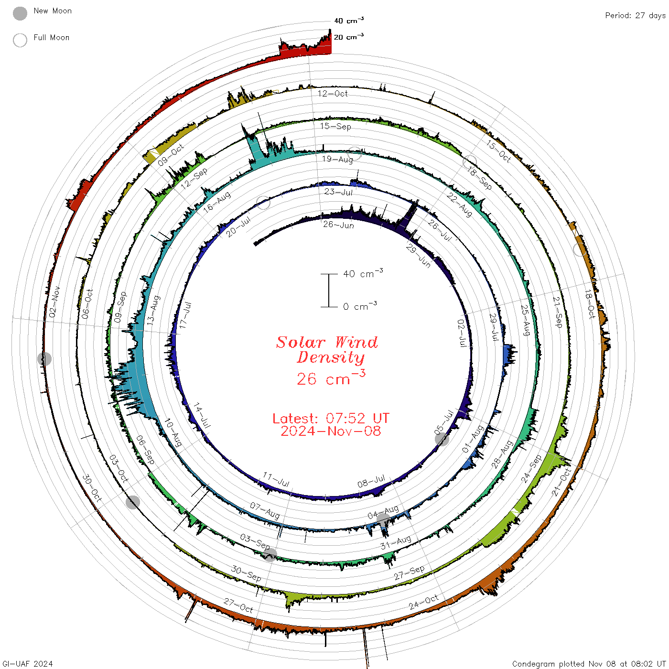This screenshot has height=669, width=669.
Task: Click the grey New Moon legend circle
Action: pyautogui.click(x=20, y=13)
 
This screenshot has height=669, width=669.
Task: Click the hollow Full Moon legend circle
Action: pyautogui.click(x=20, y=40)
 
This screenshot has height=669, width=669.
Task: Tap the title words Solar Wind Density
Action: pyautogui.click(x=327, y=350)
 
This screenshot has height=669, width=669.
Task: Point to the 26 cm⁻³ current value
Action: pyautogui.click(x=331, y=378)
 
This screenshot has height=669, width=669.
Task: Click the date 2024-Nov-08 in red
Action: pyautogui.click(x=331, y=431)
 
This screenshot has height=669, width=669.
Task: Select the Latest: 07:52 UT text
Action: pyautogui.click(x=331, y=418)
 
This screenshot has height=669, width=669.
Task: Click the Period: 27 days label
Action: pyautogui.click(x=636, y=16)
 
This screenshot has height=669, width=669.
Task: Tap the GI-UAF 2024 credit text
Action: pyautogui.click(x=27, y=664)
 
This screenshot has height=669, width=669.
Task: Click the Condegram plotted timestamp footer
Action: pyautogui.click(x=589, y=664)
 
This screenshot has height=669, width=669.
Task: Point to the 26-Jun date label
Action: pyautogui.click(x=338, y=225)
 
